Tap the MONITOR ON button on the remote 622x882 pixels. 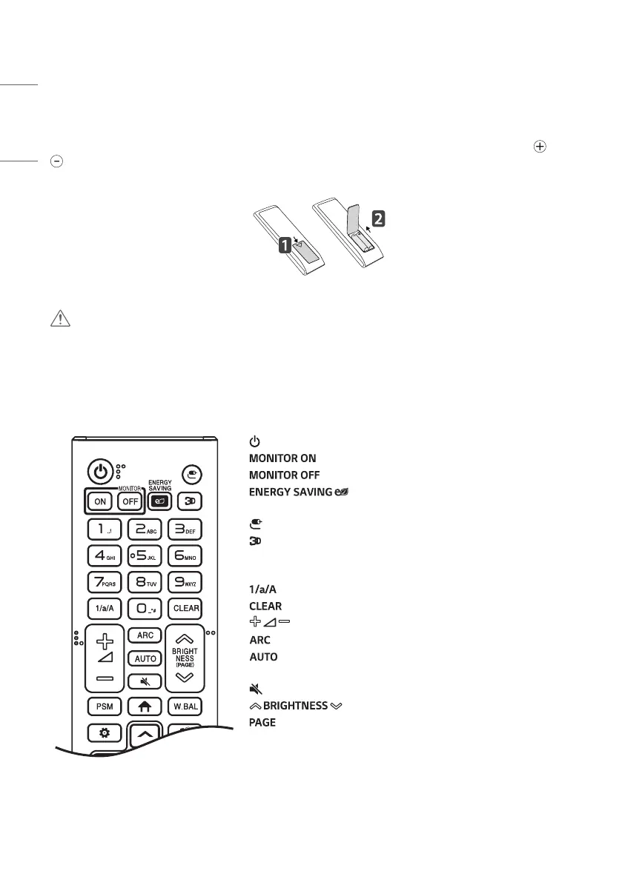tap(99, 501)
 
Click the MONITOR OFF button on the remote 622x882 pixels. tap(129, 501)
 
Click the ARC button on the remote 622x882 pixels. tap(144, 635)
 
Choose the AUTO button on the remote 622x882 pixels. tap(144, 658)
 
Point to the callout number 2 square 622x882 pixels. tap(377, 219)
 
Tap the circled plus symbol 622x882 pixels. tap(540, 147)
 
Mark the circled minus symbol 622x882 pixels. tap(55, 160)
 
